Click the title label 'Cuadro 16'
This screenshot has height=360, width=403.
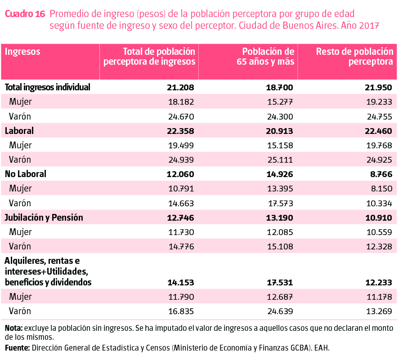coord(25,13)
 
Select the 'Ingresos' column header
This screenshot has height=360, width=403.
coord(22,52)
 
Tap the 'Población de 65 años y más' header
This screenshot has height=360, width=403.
coord(266,57)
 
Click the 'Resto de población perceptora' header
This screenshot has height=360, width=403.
coord(355,57)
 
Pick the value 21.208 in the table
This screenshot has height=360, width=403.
coord(180,87)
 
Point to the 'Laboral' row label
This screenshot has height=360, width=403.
coord(19,131)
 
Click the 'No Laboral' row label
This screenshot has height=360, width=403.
coord(26,174)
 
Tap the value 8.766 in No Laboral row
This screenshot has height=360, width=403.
coord(379,174)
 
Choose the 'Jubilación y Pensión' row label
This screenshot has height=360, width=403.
coord(44,218)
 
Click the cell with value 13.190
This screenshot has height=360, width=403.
coord(279,218)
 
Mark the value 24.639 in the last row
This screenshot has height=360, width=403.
coord(279,311)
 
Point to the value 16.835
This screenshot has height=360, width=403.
coord(180,311)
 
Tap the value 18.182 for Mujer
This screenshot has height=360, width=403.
coord(180,102)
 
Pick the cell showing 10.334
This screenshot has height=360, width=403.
coord(379,203)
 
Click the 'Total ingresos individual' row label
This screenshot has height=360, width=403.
coord(48,87)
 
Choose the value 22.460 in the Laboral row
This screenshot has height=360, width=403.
coord(379,131)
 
